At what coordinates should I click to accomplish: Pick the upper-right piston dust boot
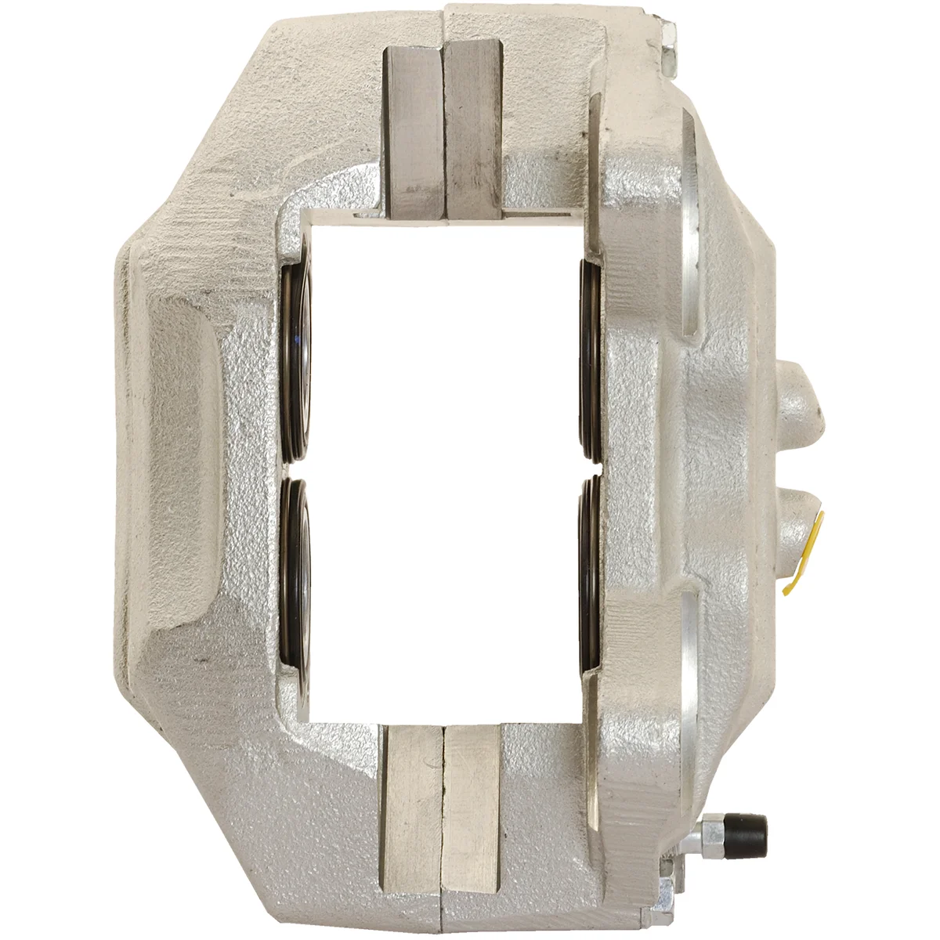(591, 360)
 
